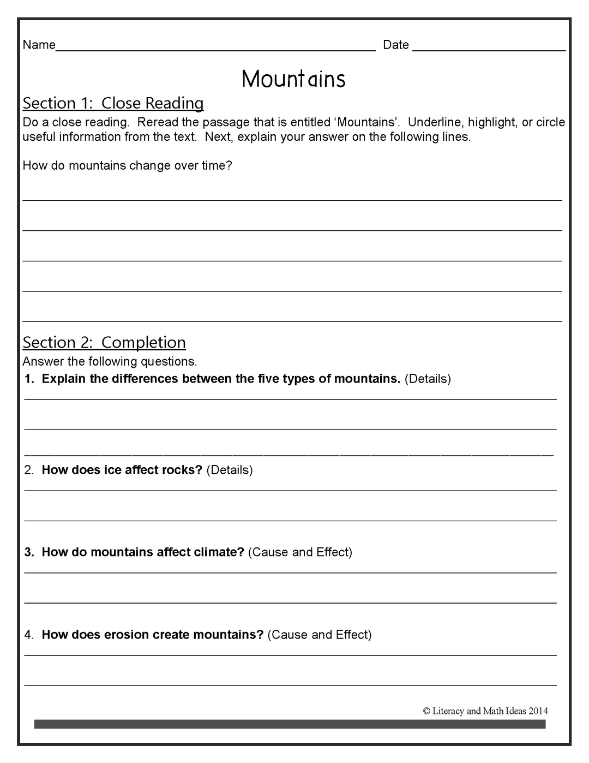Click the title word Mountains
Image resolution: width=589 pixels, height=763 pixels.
click(293, 79)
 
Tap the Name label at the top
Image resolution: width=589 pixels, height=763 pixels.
click(39, 45)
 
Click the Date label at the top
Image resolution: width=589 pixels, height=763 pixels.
click(395, 45)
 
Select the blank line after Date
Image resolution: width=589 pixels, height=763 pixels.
click(489, 49)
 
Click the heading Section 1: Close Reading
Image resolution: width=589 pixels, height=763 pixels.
click(113, 103)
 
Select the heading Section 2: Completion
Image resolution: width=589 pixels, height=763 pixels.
click(104, 342)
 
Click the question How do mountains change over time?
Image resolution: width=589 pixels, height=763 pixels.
click(127, 166)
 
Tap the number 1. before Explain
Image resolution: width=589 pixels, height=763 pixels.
click(29, 379)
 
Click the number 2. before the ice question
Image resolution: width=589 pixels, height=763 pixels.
click(29, 470)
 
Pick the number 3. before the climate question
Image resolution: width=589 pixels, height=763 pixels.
click(29, 552)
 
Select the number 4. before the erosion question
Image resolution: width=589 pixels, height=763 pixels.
click(29, 635)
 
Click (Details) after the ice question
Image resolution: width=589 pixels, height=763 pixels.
click(230, 470)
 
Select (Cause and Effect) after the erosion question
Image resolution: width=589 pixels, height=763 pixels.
click(320, 635)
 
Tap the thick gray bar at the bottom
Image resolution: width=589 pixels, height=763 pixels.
click(290, 724)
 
